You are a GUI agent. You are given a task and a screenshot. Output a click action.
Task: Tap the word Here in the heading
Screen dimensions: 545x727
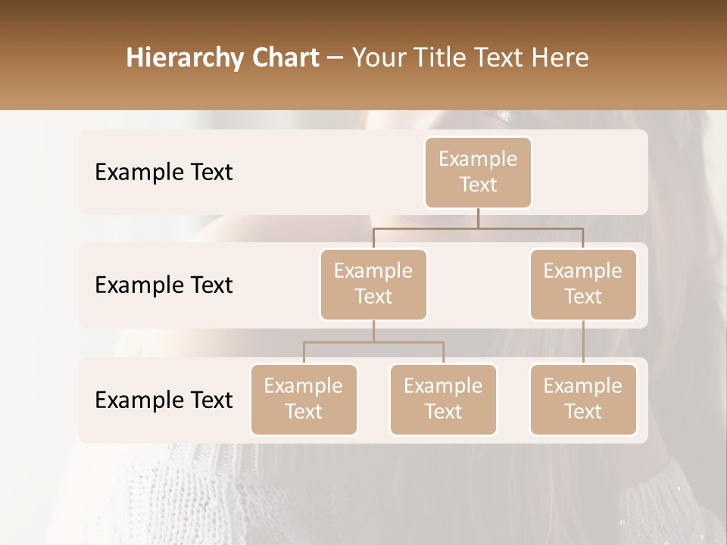pos(560,58)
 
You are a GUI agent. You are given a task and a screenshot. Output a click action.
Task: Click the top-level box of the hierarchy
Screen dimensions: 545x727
pos(478,173)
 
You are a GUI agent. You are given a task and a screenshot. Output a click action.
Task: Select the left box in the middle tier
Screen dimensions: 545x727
pos(373,285)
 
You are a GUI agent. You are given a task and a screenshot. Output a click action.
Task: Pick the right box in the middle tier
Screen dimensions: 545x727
pos(583,285)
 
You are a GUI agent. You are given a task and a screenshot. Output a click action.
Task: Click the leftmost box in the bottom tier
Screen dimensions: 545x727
pos(304,400)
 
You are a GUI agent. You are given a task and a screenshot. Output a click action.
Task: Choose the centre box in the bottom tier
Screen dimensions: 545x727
pos(443,400)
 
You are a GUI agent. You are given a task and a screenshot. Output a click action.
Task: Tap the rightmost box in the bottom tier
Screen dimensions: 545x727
pos(583,400)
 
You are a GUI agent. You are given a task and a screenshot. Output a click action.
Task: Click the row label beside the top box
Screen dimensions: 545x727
pos(164,173)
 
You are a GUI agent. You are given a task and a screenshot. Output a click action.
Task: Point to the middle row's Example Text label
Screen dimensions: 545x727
pos(164,285)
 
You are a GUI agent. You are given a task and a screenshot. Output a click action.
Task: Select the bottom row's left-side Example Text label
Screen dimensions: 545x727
pos(164,400)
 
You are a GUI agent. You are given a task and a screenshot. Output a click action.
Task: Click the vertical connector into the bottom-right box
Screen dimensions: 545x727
pos(583,342)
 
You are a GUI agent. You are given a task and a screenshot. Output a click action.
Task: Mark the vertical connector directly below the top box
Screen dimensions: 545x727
pos(478,218)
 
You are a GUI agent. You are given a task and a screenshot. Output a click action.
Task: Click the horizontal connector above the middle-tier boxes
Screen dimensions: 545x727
pos(478,228)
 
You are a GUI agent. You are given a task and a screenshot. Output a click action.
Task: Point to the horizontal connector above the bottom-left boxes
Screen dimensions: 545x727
pos(373,342)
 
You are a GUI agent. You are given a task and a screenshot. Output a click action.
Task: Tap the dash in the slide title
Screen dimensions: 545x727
pos(335,58)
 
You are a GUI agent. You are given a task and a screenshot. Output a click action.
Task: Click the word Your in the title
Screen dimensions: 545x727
pos(378,58)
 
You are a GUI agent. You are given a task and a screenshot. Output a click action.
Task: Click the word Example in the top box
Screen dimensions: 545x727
pos(478,159)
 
